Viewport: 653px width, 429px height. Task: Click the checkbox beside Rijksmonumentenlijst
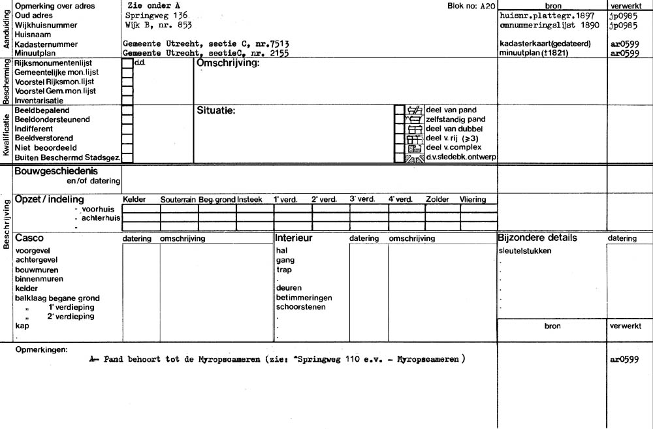click(x=127, y=64)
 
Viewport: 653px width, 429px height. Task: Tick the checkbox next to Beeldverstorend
click(x=127, y=138)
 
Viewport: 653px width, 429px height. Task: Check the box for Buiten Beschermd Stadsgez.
click(x=127, y=157)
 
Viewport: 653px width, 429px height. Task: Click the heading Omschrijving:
click(x=228, y=64)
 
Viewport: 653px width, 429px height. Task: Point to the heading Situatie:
click(x=215, y=110)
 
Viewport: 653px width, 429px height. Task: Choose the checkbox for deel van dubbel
click(x=399, y=129)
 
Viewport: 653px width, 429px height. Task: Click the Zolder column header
click(x=437, y=199)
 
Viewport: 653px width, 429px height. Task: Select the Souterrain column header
click(x=178, y=199)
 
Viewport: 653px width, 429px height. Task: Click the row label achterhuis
click(x=99, y=217)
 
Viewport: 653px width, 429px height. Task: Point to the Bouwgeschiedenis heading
click(x=56, y=171)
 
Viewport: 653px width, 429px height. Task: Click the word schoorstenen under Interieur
click(x=301, y=306)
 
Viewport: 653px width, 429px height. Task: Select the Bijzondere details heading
click(x=537, y=238)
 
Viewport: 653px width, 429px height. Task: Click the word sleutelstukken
click(x=524, y=251)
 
